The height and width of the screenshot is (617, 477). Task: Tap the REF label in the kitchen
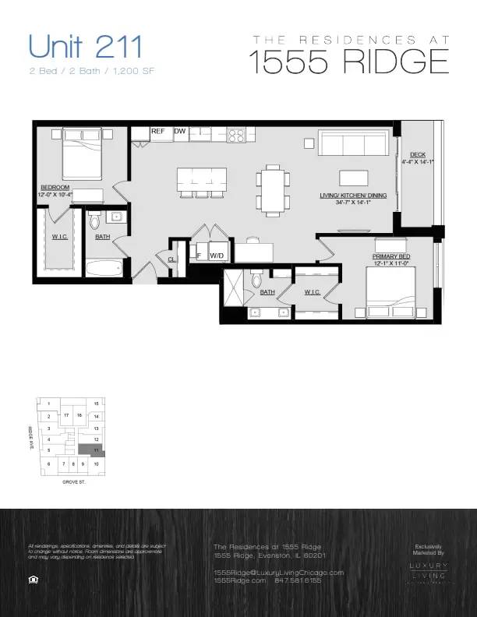(158, 132)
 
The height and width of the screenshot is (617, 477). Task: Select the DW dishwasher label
(180, 132)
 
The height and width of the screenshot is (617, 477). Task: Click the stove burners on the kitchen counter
(235, 135)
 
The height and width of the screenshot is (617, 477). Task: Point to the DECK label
(418, 154)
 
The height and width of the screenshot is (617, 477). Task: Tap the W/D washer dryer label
(217, 255)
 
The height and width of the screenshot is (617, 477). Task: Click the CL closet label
(171, 259)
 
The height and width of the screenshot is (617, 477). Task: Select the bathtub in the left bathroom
(103, 270)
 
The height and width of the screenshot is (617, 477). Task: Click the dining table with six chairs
(273, 190)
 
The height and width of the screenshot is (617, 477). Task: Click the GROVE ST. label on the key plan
(72, 483)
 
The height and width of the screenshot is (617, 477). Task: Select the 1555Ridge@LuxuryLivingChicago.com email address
(278, 572)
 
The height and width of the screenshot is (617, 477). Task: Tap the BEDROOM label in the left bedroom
(55, 187)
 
